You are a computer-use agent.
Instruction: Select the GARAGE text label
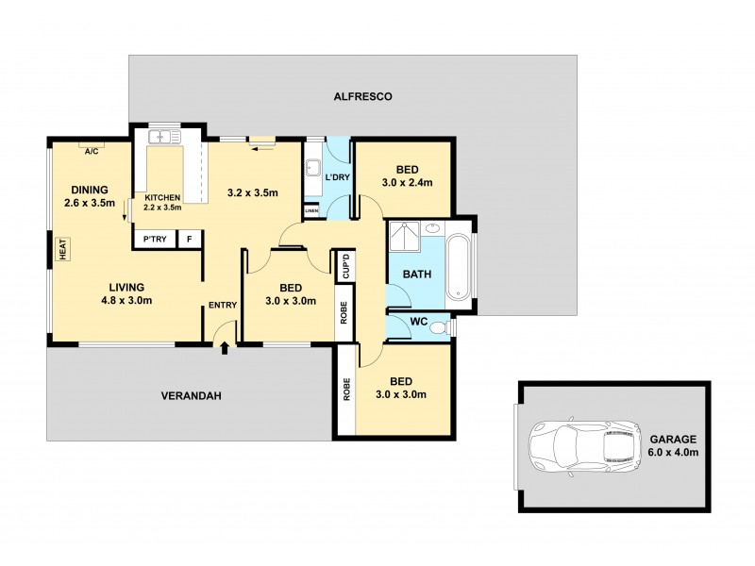pyautogui.click(x=672, y=439)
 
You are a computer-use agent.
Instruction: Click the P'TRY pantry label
pyautogui.click(x=155, y=240)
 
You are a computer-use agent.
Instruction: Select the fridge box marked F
pyautogui.click(x=190, y=240)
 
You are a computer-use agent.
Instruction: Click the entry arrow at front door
pyautogui.click(x=225, y=350)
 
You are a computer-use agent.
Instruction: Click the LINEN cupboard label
pyautogui.click(x=311, y=210)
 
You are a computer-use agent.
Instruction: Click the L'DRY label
pyautogui.click(x=337, y=178)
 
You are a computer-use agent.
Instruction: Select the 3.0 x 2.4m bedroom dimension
pyautogui.click(x=406, y=182)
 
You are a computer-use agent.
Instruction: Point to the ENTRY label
pyautogui.click(x=223, y=304)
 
